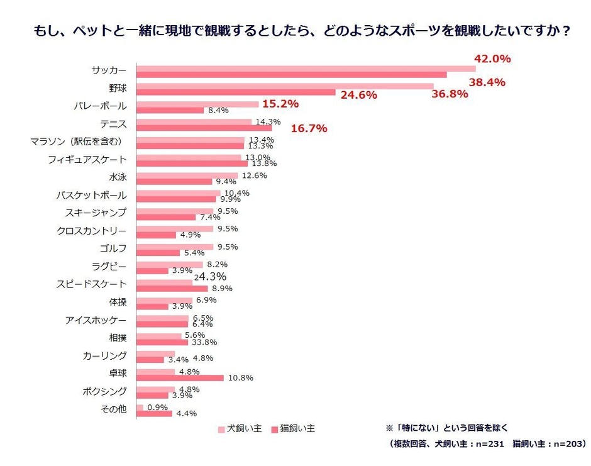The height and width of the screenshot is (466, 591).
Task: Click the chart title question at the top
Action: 295,30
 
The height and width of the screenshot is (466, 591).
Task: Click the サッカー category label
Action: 108,70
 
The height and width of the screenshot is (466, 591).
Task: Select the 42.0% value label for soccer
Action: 492,58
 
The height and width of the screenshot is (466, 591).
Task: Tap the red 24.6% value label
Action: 358,96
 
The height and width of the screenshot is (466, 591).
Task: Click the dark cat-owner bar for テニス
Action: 204,128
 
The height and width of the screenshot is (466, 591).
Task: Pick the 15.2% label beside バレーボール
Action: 280,104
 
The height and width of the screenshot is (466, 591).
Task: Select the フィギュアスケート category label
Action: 87,160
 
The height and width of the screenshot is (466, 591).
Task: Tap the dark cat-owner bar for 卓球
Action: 180,378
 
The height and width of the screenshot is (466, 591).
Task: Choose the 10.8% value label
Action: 240,378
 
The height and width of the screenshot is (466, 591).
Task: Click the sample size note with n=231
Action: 488,445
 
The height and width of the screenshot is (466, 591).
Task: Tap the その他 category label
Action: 113,409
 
